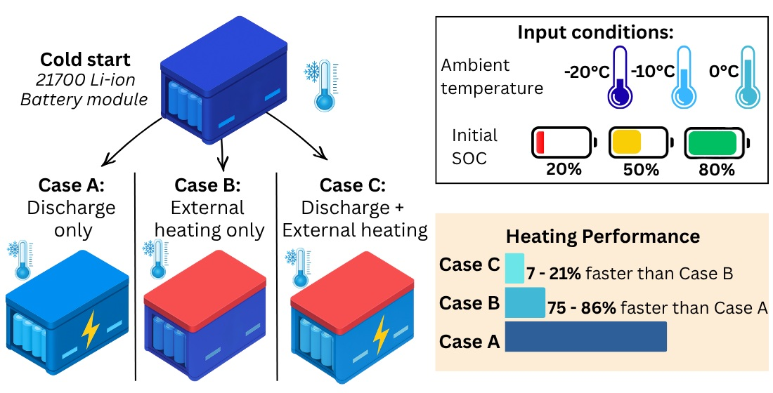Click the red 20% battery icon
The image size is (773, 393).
562,142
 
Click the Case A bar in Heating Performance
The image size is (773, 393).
585,336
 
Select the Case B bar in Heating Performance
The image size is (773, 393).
525,303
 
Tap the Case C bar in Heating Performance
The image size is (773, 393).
514,268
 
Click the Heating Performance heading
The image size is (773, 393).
603,236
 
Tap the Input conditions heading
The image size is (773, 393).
595,32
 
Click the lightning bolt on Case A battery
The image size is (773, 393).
90,331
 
